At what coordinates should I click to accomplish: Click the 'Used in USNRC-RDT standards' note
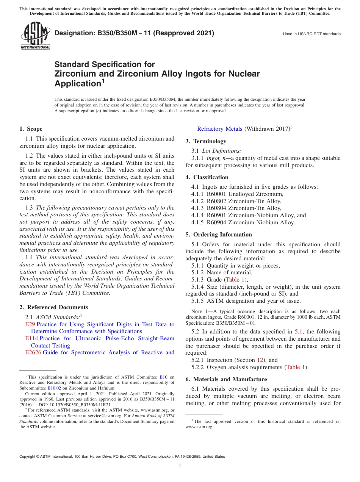tap(311, 34)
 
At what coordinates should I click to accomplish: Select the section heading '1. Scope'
tap(31, 129)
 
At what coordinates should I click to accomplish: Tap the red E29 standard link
tap(30, 324)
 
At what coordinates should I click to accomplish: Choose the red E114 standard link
tap(31, 338)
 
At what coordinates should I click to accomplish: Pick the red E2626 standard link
tap(33, 352)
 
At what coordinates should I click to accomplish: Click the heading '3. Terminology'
tap(206, 141)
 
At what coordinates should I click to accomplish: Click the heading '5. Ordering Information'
tap(219, 235)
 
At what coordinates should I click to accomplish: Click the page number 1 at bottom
tap(180, 466)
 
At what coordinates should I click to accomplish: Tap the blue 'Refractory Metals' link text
tap(219, 129)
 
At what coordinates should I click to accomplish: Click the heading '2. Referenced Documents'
tap(53, 307)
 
